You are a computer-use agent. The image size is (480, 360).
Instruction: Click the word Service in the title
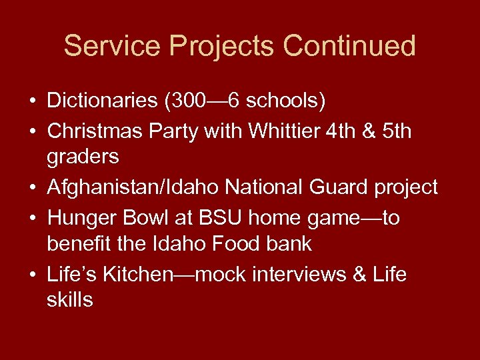click(x=112, y=46)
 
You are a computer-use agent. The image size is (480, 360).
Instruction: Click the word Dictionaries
click(x=101, y=101)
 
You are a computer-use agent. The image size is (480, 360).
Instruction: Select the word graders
click(x=83, y=158)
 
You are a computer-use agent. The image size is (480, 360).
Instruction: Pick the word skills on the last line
click(x=70, y=300)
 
